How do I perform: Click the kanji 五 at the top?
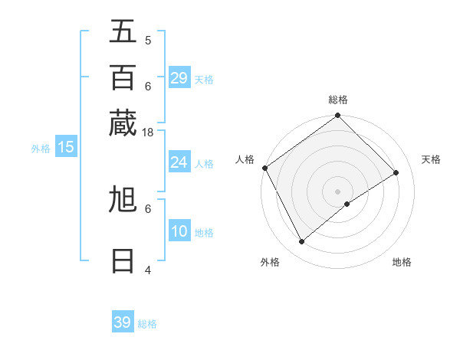point(123,31)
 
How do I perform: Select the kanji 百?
point(123,77)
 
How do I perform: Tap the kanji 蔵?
point(123,123)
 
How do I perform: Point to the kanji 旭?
point(123,200)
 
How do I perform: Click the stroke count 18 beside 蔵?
point(148,132)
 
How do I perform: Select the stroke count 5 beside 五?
point(148,40)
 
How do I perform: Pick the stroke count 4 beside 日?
point(148,270)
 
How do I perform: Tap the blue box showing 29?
point(179,78)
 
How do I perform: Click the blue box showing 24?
point(179,162)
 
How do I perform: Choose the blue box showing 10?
point(179,231)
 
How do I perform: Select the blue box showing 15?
point(66,147)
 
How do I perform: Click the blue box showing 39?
point(123,322)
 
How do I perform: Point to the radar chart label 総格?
point(338,100)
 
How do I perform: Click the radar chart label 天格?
point(431,159)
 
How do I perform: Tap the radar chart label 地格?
point(402,262)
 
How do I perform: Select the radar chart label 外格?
point(270,262)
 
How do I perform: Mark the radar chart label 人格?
point(245,159)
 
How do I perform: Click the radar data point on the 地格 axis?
point(347,204)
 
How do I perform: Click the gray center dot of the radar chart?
point(338,191)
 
